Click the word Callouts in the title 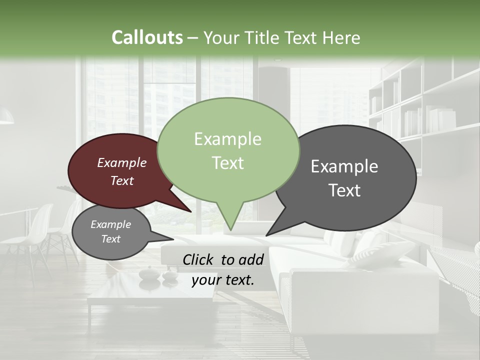coord(147,37)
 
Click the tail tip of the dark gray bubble coord(267,235)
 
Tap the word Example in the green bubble coord(227,139)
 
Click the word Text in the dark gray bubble coord(344,190)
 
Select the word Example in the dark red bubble coord(121,162)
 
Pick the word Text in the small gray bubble coord(110,239)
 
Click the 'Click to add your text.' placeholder coord(223,269)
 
